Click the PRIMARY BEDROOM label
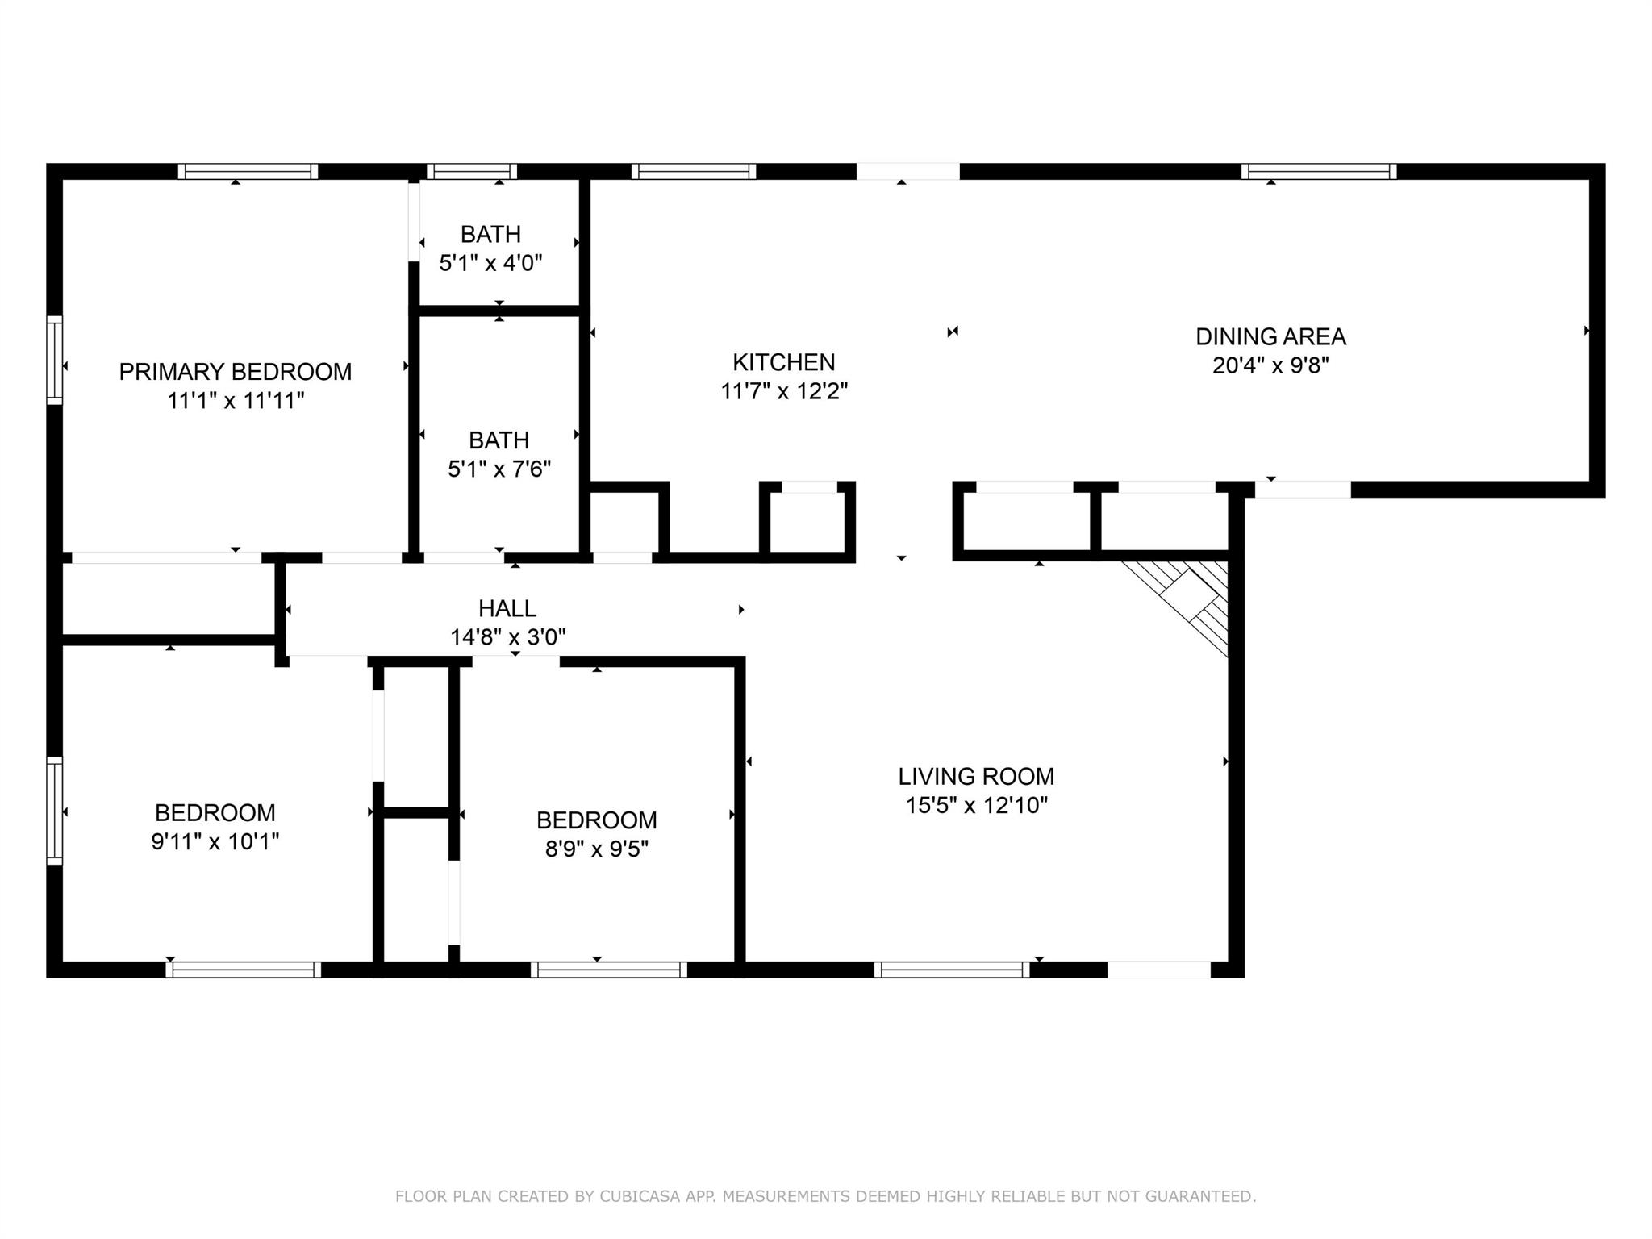coord(236,372)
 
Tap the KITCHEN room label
coord(783,362)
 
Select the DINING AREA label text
coord(1270,336)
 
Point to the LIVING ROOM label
coord(976,777)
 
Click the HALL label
coord(507,608)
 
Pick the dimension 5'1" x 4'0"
coord(490,263)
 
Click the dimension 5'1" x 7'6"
coord(499,469)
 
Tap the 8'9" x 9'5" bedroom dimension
coord(597,849)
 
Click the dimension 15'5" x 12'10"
coord(976,806)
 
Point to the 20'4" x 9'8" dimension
coord(1270,365)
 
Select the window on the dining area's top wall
coord(1319,171)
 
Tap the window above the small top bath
coord(472,171)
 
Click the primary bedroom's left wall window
coord(55,360)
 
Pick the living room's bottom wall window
coord(952,970)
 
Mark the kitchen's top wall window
coord(694,171)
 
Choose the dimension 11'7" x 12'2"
coord(784,391)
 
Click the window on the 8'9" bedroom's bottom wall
coord(609,970)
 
